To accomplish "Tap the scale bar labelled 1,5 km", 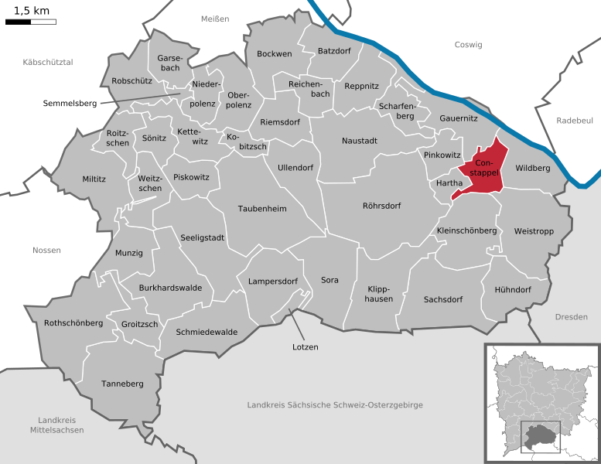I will [31, 21].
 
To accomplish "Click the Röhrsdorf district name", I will [382, 206].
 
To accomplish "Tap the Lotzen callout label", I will [306, 346].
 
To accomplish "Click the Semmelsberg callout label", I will [70, 103].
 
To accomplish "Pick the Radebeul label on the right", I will [574, 121].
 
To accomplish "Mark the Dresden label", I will [571, 317].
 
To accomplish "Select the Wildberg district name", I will [532, 168].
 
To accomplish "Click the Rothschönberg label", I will [73, 323].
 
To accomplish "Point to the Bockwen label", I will [274, 53].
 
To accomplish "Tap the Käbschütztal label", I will [48, 62].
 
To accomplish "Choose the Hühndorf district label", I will [512, 289].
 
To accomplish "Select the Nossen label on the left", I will [46, 250].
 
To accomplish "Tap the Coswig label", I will [468, 45].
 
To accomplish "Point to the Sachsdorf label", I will [443, 299].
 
